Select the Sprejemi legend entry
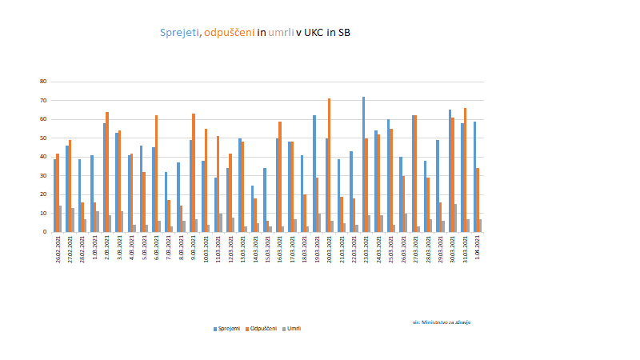[228, 328]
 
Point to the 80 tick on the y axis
[43, 82]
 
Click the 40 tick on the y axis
[43, 157]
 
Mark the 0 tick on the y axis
[45, 232]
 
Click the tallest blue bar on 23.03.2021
[363, 165]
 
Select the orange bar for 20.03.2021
[329, 166]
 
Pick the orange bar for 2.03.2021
[107, 172]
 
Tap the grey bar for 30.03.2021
[455, 218]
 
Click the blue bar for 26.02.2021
[54, 195]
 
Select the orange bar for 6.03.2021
[157, 174]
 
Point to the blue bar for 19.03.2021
[314, 174]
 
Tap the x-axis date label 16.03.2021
[280, 250]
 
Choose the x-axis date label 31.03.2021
[466, 250]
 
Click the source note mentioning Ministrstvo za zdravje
[442, 322]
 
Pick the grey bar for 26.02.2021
[60, 219]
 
